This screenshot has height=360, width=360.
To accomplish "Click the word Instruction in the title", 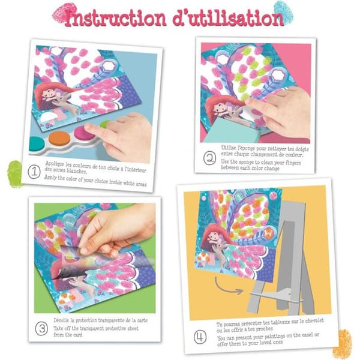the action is pyautogui.click(x=115, y=18).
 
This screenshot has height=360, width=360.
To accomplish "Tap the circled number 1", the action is pyautogui.click(x=34, y=172).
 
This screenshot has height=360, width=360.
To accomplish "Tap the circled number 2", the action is pyautogui.click(x=209, y=158).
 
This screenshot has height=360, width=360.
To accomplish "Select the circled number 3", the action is pyautogui.click(x=41, y=329).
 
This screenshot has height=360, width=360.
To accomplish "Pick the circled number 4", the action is pyautogui.click(x=200, y=337).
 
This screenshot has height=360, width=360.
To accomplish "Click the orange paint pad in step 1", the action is pyautogui.click(x=59, y=139).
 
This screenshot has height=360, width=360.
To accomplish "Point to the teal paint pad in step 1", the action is pyautogui.click(x=36, y=144).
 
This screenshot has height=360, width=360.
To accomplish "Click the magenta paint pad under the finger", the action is pyautogui.click(x=82, y=133).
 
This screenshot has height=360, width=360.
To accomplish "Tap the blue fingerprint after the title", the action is pyautogui.click(x=283, y=12).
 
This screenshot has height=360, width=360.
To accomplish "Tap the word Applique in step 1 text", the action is pyautogui.click(x=55, y=164).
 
